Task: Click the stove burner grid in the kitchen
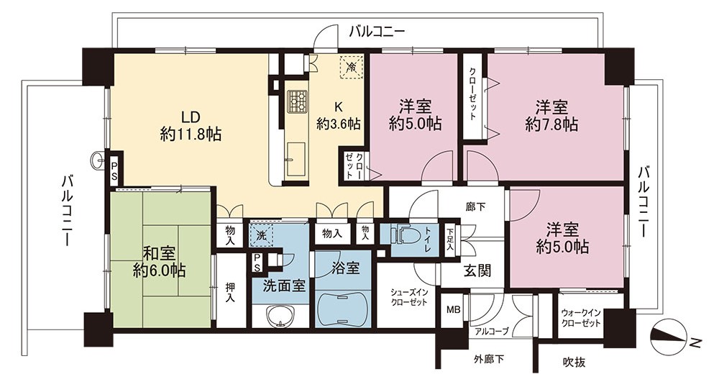coord(296,102)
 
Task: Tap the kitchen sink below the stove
coord(296,160)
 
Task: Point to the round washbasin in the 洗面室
coord(279,317)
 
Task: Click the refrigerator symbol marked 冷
coord(352,68)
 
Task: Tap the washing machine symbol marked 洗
coord(261,236)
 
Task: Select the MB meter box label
coord(454,310)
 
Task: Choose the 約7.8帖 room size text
coord(551,124)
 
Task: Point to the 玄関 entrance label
coord(477,270)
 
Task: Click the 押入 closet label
coord(230,292)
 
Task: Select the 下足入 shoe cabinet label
coord(450,240)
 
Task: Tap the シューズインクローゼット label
coord(409,296)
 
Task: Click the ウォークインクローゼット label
coord(581,318)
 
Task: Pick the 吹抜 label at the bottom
coord(574,362)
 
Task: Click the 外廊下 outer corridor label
coord(489,359)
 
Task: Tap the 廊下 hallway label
coord(475,207)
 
